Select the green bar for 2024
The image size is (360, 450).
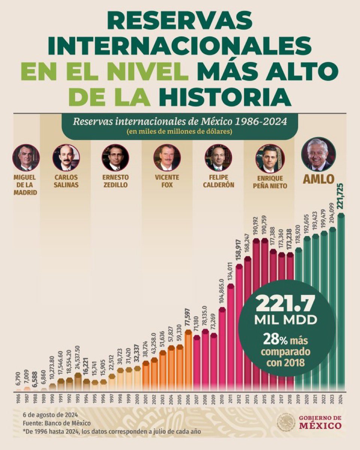[341, 300]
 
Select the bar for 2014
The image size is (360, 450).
[256, 315]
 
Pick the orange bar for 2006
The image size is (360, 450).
[188, 360]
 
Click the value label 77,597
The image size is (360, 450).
[188, 318]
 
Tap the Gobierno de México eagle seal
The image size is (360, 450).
[286, 423]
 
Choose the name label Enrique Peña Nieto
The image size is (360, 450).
[269, 182]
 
